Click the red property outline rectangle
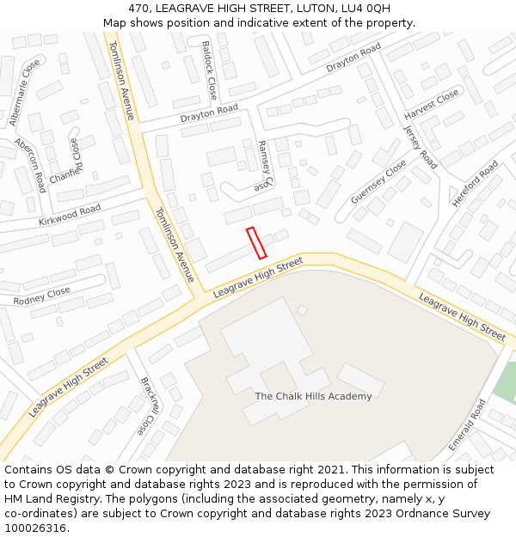[x=256, y=242]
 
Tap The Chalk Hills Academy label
[x=313, y=396]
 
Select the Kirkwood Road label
[x=70, y=214]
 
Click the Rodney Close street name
[x=41, y=296]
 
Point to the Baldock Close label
[x=209, y=70]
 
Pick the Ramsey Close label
[x=263, y=167]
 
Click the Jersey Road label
[x=421, y=147]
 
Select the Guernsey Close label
[x=378, y=182]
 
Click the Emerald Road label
[x=467, y=424]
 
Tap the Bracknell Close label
[x=149, y=406]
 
